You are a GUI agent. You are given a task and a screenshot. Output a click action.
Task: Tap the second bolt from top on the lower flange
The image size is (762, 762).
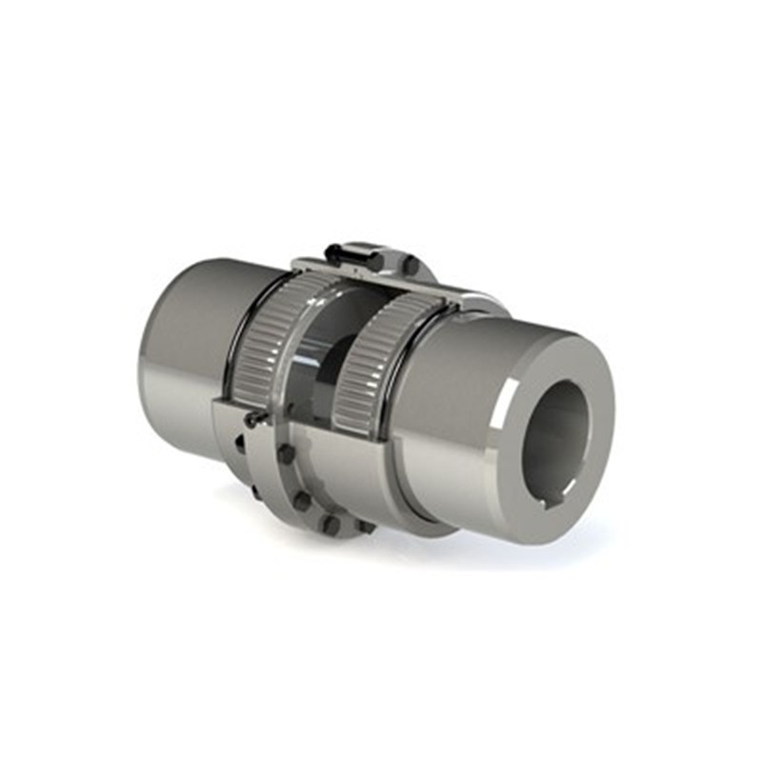(x=302, y=499)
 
